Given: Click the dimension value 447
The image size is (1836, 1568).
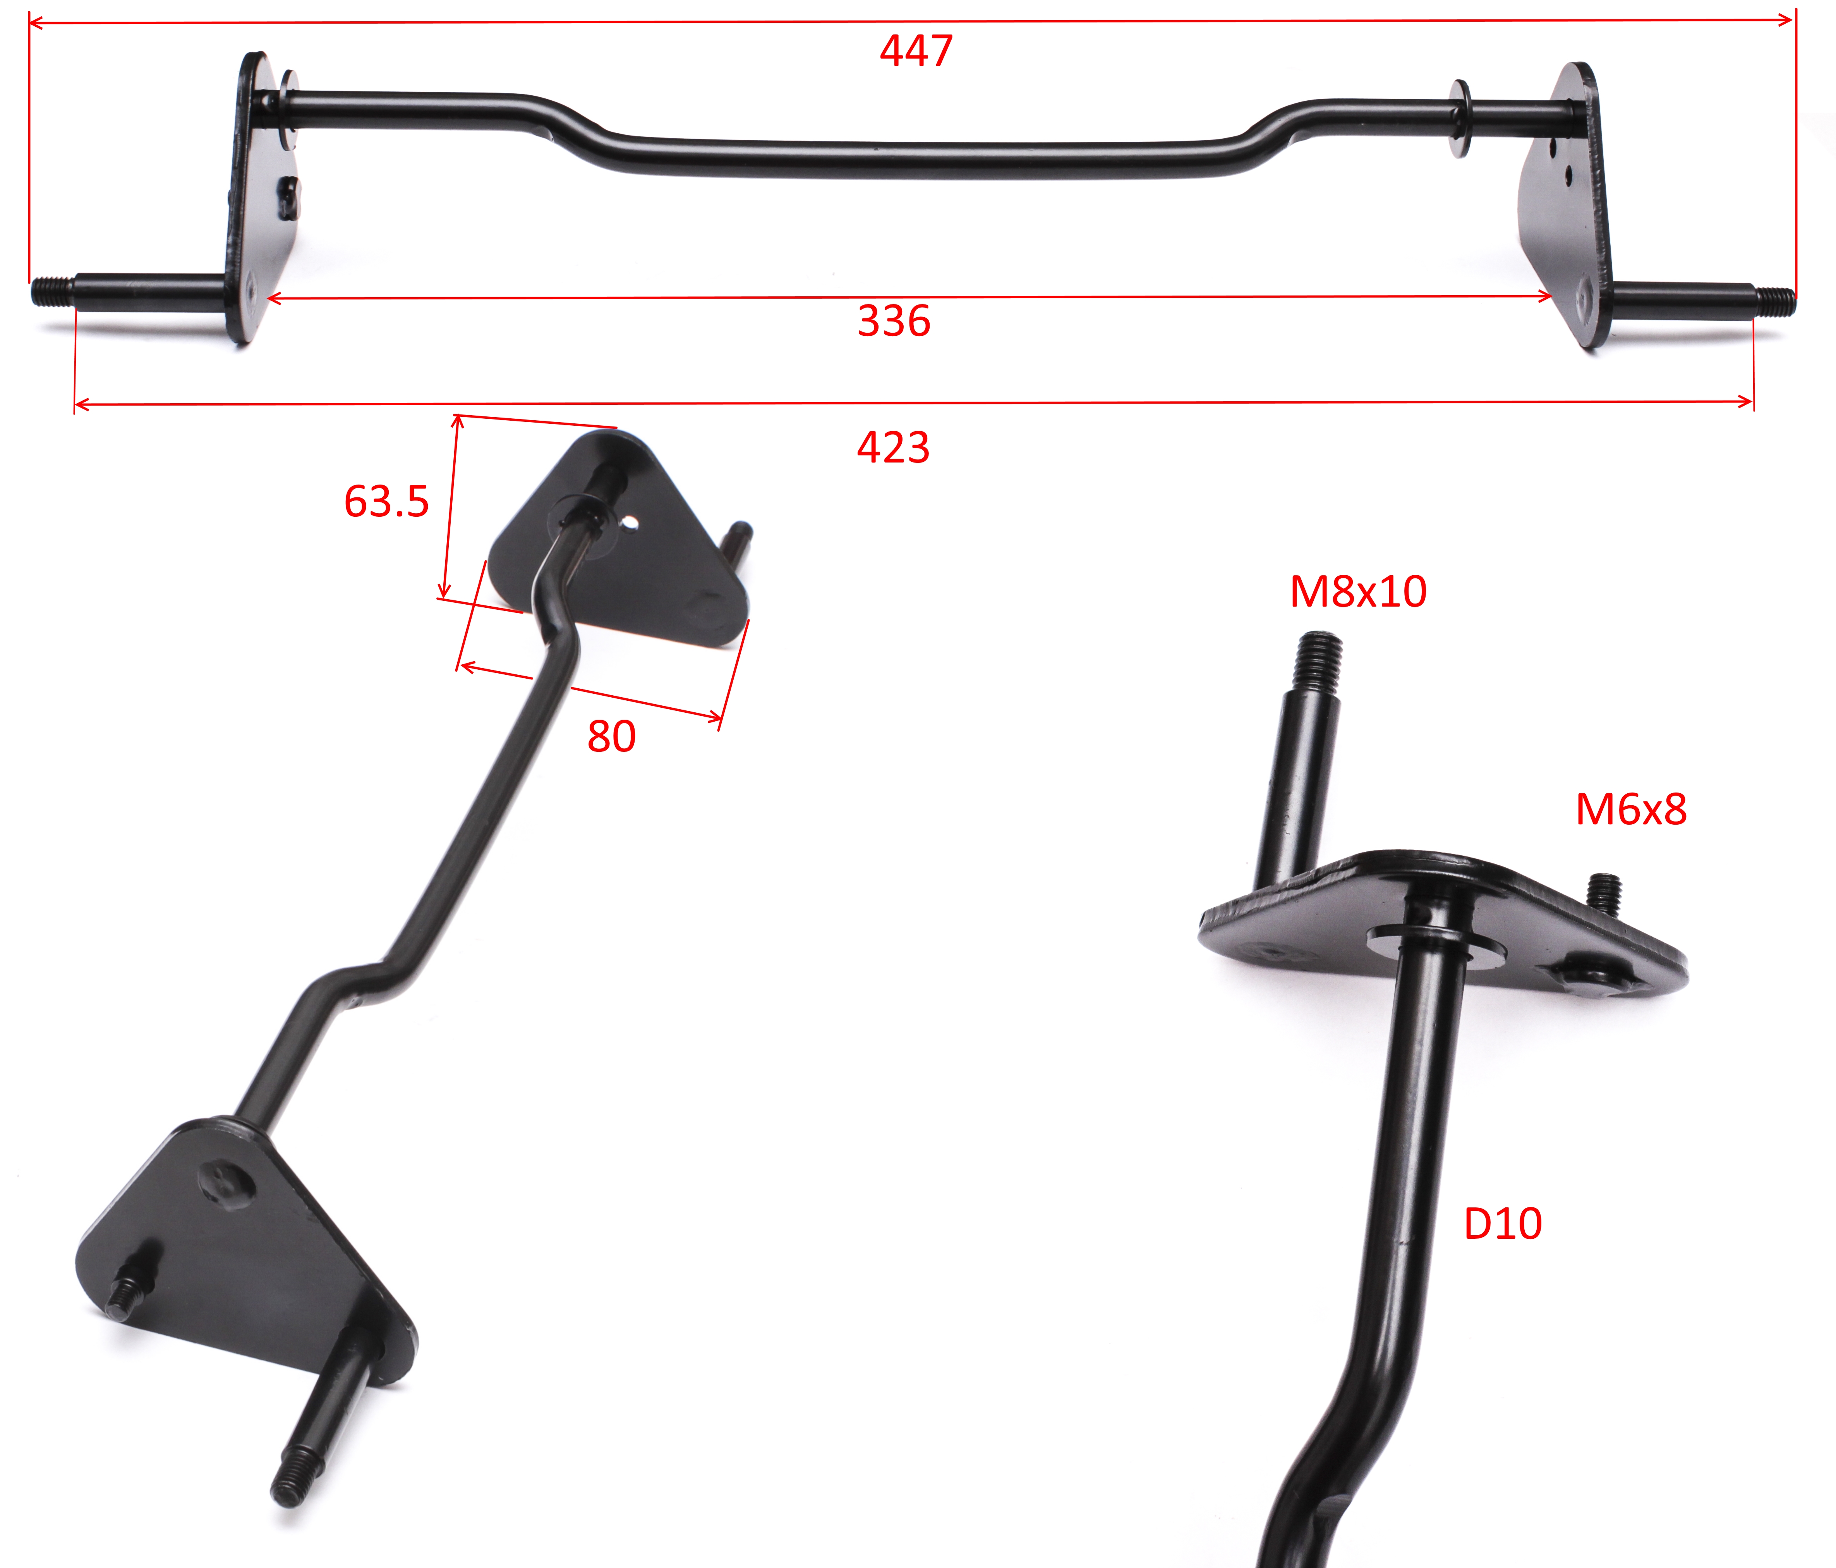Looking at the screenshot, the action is point(916,50).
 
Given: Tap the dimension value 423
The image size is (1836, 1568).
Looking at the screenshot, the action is point(893,448).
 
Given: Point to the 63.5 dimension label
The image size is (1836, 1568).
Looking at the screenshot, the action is point(386,502).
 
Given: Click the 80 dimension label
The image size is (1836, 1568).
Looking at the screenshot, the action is point(611,737).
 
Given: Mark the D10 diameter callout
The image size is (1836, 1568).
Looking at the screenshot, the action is point(1503,1224).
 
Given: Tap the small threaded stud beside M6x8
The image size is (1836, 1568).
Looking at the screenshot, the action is point(1605,894).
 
